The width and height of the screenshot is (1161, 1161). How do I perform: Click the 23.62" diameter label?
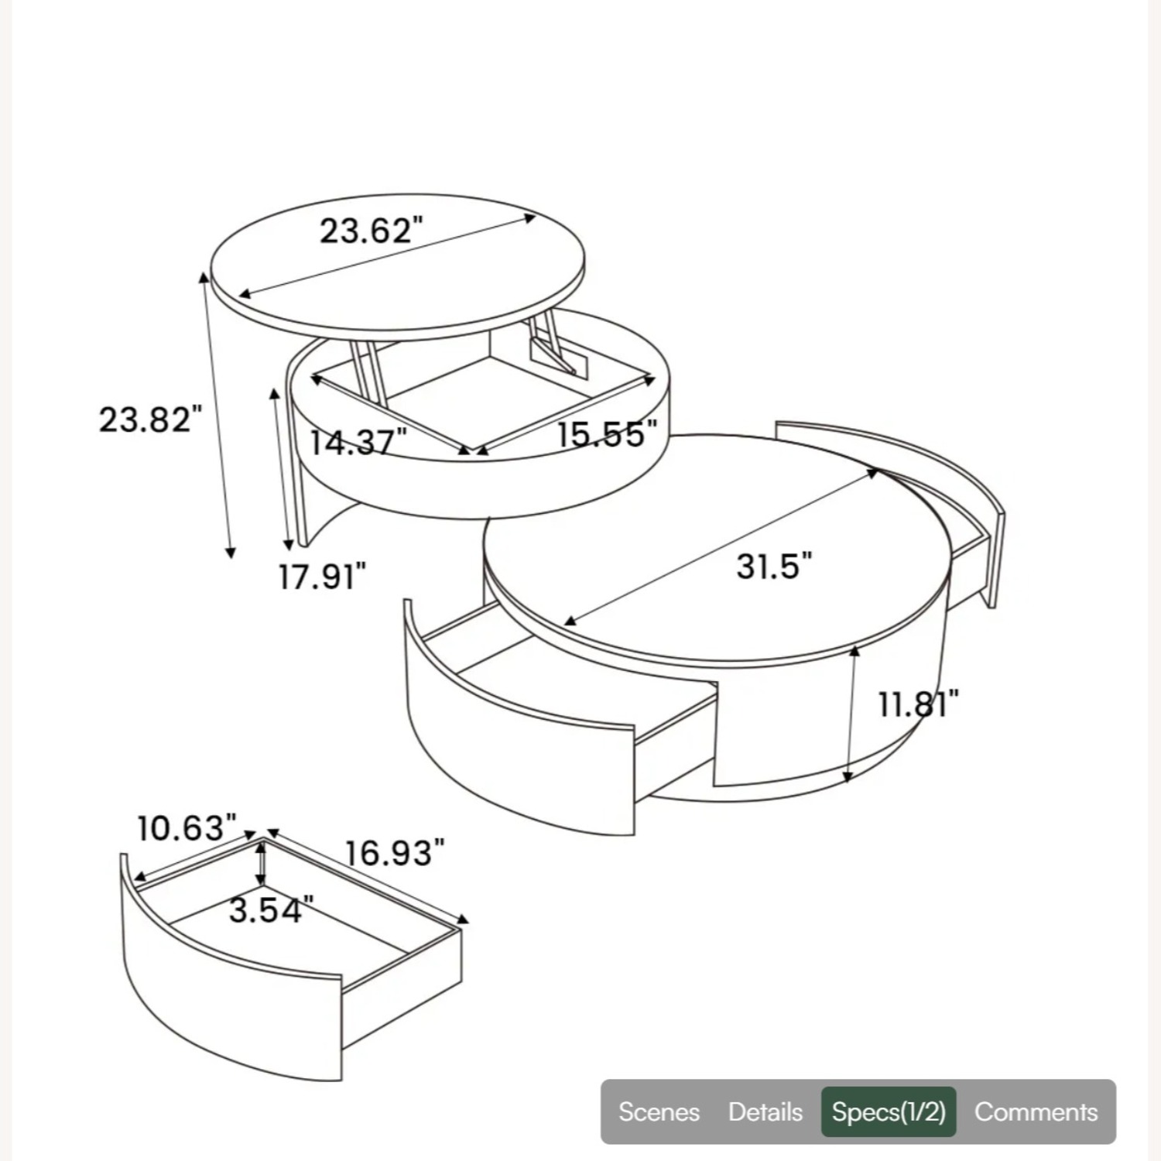coord(372,230)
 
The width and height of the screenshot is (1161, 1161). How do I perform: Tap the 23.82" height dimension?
coord(150,420)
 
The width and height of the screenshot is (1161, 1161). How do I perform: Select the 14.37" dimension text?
coord(358,443)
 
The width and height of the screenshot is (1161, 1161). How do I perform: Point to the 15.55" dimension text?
coord(607,433)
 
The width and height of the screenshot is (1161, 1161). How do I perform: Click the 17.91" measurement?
coord(322,577)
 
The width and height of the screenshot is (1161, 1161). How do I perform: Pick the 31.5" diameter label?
coord(774,566)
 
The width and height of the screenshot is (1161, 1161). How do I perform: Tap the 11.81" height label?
coord(918,704)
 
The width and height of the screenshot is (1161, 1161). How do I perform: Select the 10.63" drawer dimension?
coord(187,828)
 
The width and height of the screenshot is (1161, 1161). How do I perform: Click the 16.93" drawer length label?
coord(395,853)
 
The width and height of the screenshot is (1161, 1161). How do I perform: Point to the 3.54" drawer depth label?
coord(271,910)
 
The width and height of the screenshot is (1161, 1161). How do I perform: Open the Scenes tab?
coord(659,1112)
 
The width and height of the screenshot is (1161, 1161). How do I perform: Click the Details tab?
coord(765,1112)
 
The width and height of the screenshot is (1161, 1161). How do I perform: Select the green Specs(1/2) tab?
coord(889,1112)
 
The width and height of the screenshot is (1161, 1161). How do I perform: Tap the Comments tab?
coord(1036,1112)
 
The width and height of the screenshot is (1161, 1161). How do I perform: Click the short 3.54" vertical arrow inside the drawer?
coord(262,863)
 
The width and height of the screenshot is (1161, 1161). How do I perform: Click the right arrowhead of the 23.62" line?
coord(531,217)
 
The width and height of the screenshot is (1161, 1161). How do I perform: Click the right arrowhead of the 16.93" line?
coord(464,920)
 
